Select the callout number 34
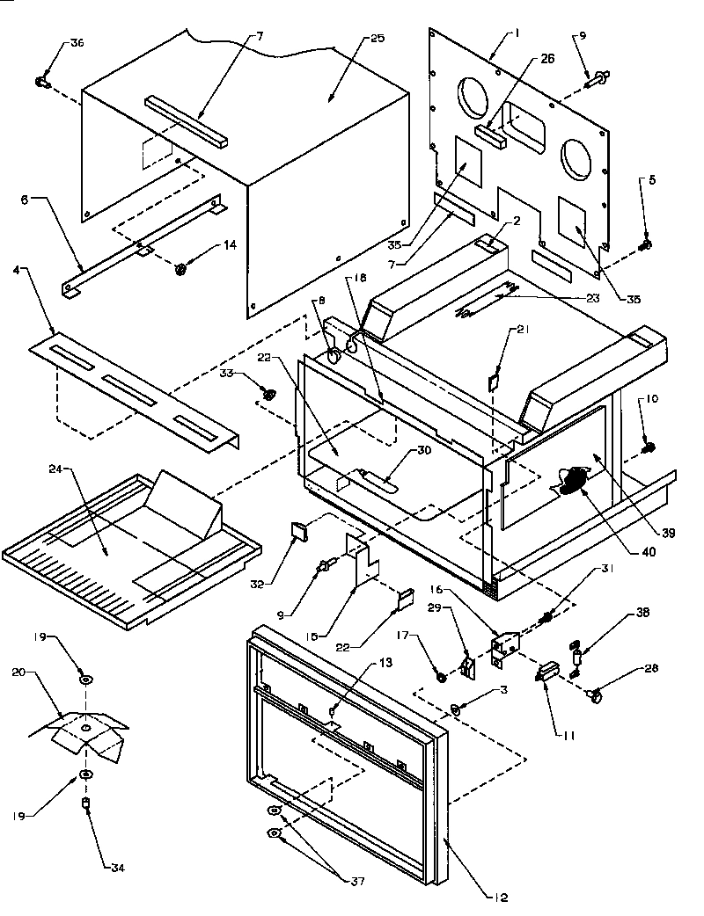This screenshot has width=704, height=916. pyautogui.click(x=117, y=868)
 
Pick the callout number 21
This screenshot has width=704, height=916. pyautogui.click(x=523, y=330)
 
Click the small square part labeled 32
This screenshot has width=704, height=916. pyautogui.click(x=298, y=530)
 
